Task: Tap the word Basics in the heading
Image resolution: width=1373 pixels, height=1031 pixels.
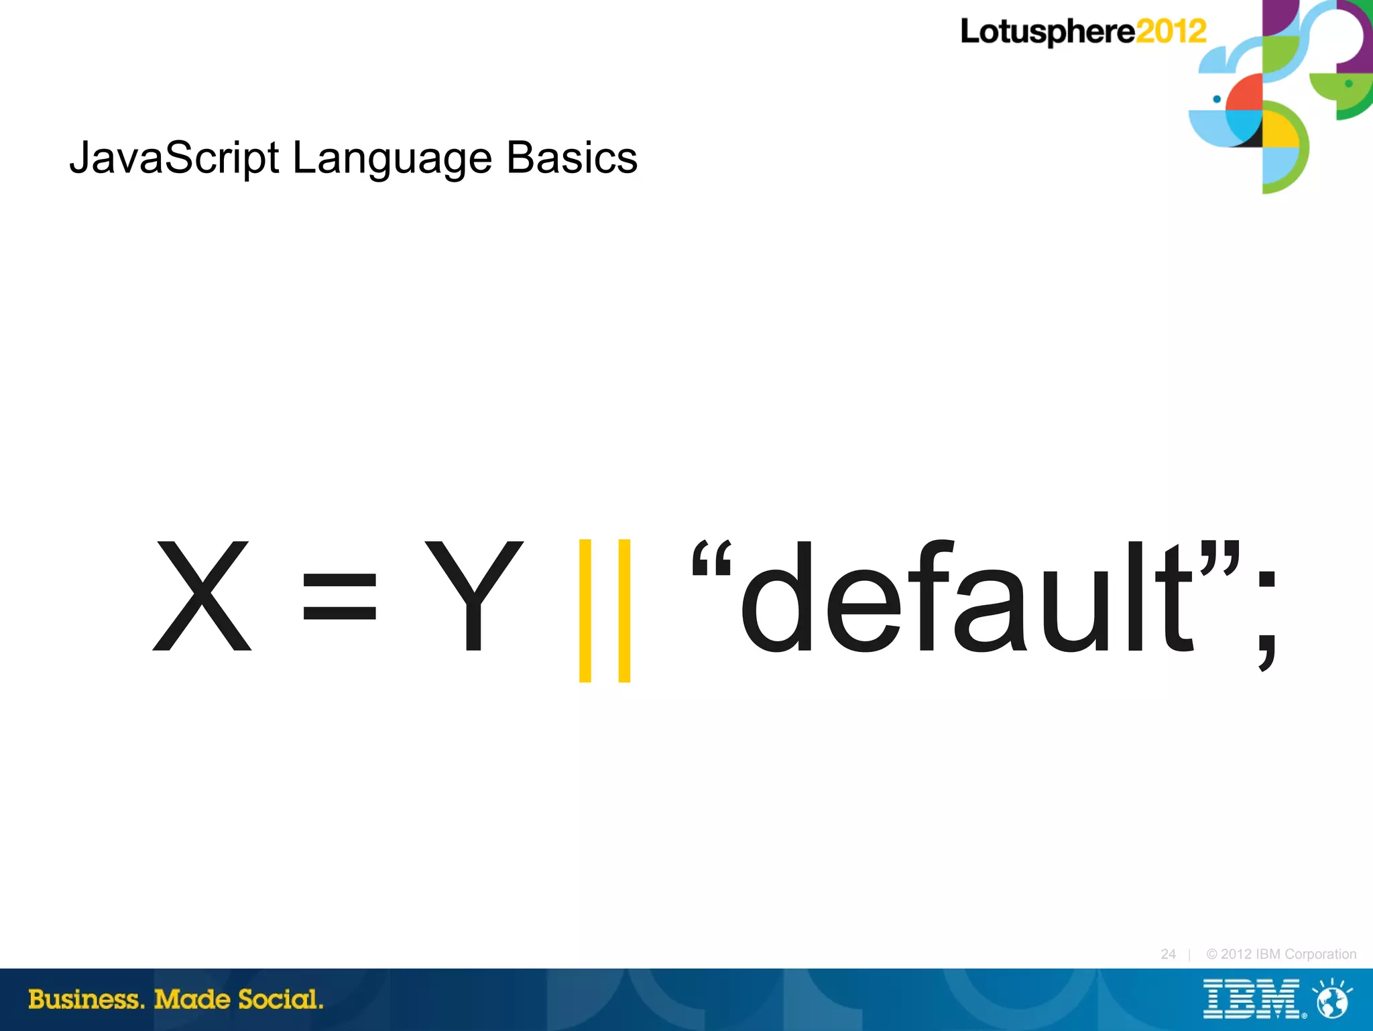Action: [x=571, y=158]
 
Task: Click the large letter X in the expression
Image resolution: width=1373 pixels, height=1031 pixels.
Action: [x=202, y=596]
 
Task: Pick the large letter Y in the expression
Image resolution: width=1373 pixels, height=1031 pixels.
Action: [x=473, y=596]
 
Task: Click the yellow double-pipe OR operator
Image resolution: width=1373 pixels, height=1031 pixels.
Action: [x=605, y=610]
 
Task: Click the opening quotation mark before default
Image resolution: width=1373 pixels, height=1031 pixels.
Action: [x=711, y=558]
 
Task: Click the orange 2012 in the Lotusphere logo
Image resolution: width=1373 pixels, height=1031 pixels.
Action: [x=1171, y=32]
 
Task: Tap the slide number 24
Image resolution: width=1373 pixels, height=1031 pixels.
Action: [x=1168, y=954]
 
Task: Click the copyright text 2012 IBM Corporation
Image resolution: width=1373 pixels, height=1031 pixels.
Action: [x=1281, y=954]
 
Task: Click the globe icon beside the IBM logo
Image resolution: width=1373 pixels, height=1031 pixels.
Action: [x=1333, y=999]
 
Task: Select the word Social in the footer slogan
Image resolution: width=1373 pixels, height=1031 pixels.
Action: [x=280, y=999]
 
